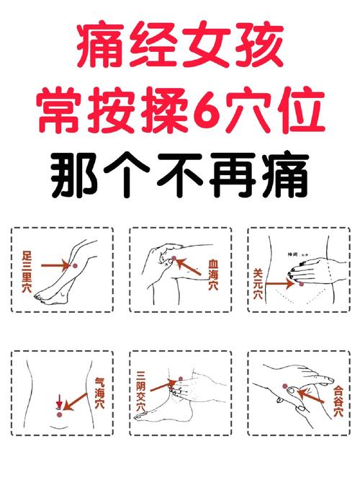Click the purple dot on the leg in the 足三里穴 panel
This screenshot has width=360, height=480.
[73, 267]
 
